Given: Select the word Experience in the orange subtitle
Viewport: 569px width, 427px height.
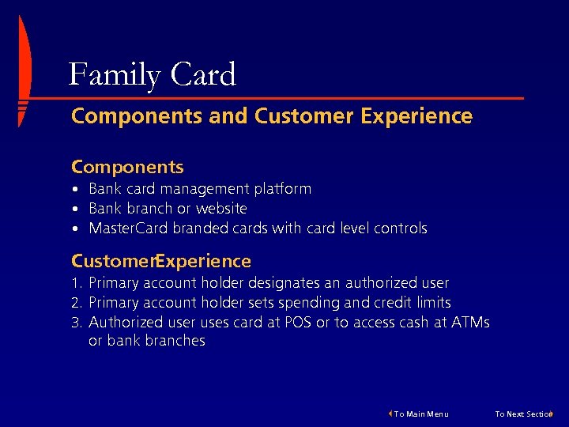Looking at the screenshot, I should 416,117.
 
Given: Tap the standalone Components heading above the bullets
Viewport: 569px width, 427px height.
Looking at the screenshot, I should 127,168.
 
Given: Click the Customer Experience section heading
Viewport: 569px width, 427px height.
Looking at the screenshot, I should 161,262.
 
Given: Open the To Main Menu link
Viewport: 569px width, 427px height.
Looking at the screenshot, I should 420,414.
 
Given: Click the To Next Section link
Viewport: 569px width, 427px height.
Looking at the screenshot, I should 525,414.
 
